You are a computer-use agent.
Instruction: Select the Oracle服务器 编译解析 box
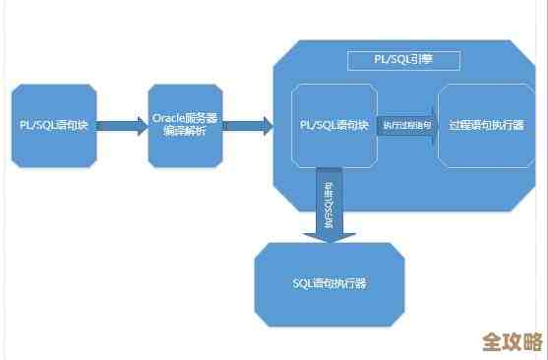(186, 125)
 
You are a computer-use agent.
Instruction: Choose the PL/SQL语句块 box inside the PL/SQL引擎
(335, 125)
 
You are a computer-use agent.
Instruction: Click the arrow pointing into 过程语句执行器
(407, 125)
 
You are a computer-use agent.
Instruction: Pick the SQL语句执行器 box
(329, 284)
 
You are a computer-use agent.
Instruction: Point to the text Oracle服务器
(186, 118)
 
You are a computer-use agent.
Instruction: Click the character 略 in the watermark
(532, 342)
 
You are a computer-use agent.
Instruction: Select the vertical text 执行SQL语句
(329, 202)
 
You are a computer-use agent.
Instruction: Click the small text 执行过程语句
(406, 125)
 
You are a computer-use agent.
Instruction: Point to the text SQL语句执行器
(329, 284)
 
